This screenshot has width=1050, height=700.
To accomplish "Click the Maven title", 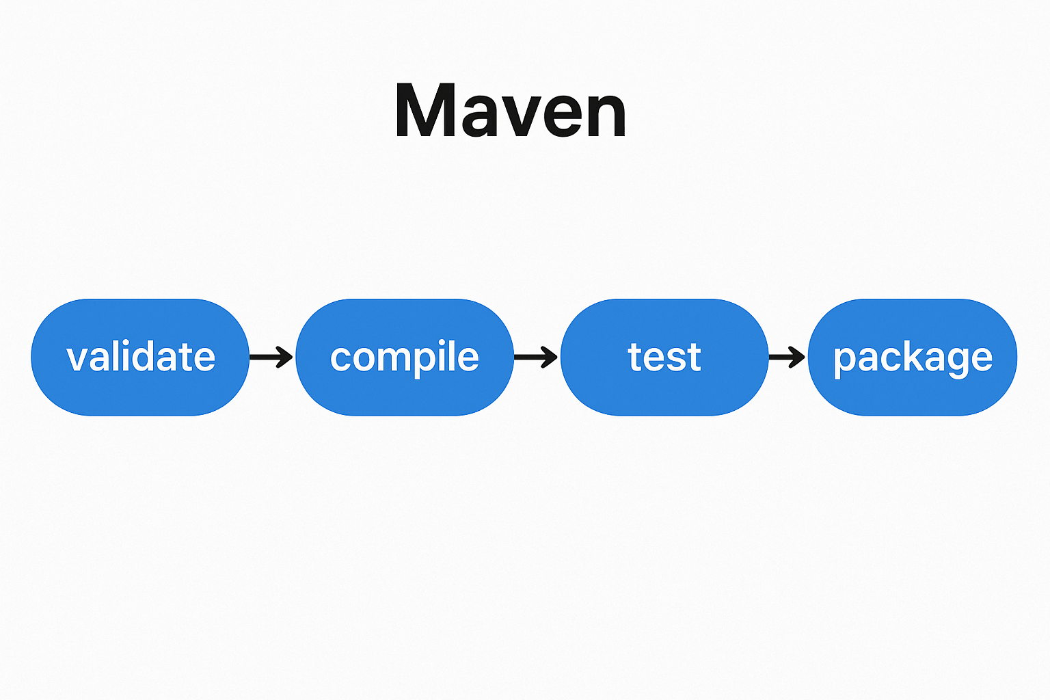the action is (511, 110).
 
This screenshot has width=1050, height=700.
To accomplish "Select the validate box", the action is (140, 358).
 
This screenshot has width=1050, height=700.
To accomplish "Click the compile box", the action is (405, 358).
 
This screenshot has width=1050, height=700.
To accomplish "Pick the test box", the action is (664, 358).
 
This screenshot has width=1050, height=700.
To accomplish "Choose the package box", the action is (912, 358).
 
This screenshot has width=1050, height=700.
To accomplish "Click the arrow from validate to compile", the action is (271, 358).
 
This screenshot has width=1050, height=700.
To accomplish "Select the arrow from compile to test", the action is (536, 358).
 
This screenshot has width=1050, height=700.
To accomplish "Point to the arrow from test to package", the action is (787, 358).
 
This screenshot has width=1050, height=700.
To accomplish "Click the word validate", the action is (141, 356).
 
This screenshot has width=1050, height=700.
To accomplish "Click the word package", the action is (913, 359).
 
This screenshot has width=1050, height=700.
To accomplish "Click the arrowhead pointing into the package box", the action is (797, 358).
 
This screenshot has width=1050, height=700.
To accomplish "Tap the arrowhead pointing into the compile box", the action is (285, 358).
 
